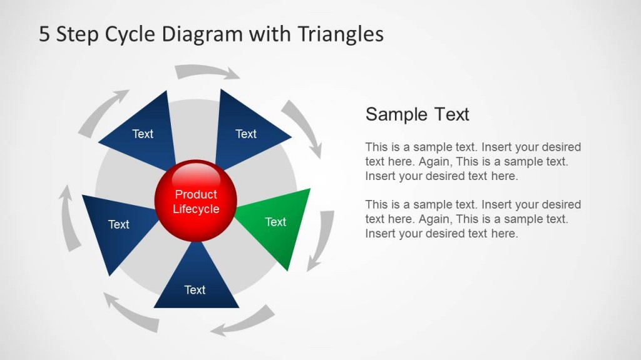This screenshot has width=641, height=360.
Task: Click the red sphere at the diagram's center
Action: [196, 201]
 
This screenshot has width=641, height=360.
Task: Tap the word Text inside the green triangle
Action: [275, 222]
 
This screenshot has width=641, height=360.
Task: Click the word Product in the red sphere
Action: [196, 194]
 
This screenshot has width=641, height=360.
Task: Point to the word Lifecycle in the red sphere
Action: [196, 209]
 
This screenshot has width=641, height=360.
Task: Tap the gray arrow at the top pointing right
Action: [207, 71]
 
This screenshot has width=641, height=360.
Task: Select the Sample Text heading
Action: [417, 114]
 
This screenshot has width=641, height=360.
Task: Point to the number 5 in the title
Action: [44, 34]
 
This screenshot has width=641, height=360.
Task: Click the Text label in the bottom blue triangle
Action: [195, 290]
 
